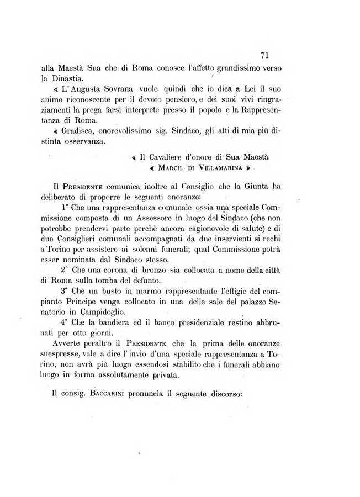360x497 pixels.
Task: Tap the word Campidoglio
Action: [108, 313]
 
